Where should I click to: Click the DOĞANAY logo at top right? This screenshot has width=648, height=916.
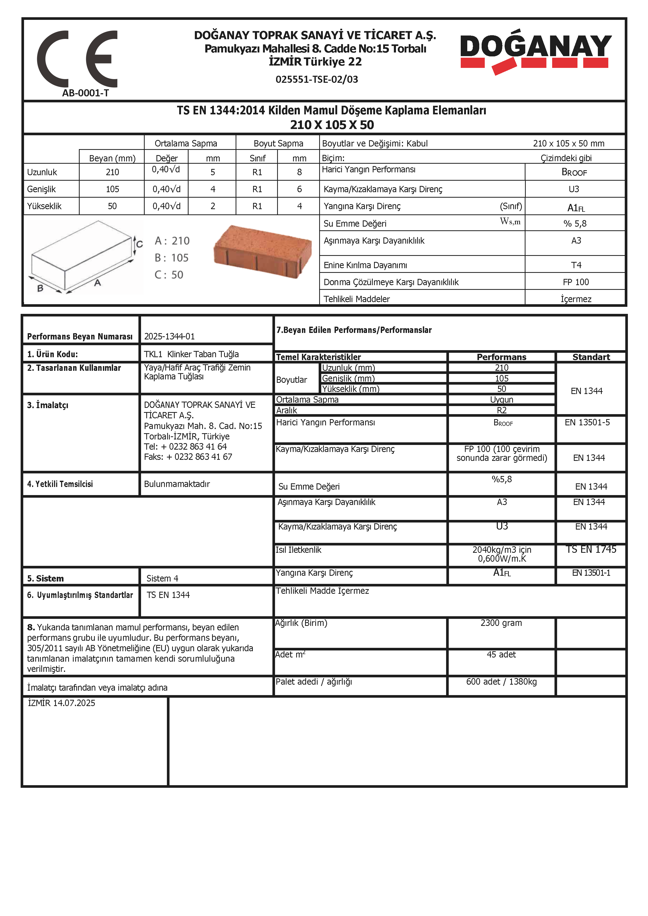[535, 51]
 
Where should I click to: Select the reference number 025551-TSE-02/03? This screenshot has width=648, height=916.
[317, 79]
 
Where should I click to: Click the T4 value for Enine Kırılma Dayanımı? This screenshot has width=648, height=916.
[576, 265]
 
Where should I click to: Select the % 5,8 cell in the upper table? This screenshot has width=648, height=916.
[575, 224]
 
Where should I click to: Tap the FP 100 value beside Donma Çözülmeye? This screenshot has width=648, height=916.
[575, 282]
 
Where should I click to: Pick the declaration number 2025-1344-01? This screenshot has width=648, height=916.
[170, 336]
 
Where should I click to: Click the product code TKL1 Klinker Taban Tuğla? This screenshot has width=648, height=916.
[191, 354]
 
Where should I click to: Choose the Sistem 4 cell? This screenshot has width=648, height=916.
[162, 578]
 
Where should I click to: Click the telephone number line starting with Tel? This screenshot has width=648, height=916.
[185, 447]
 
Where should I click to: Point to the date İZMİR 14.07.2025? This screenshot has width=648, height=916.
[61, 703]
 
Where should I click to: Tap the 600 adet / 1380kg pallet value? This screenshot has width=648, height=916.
[501, 682]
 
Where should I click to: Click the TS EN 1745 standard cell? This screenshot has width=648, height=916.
[591, 549]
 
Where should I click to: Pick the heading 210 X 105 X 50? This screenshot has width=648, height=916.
[332, 125]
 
